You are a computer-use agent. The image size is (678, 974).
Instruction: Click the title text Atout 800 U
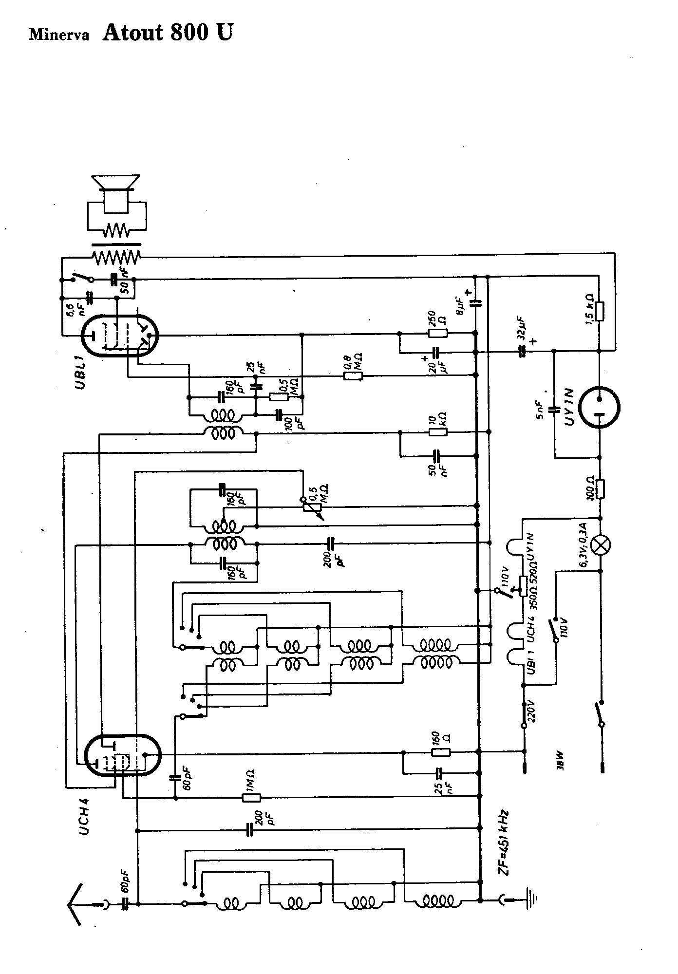pos(167,32)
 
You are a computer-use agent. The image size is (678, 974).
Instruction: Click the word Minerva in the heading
pos(59,35)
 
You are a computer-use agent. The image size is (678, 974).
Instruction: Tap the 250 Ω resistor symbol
pos(437,334)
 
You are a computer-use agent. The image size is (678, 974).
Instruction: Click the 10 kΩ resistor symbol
pos(437,431)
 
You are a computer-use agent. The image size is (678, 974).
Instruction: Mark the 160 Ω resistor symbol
pos(441,752)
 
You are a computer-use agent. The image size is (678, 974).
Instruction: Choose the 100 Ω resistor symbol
pos(600,488)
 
